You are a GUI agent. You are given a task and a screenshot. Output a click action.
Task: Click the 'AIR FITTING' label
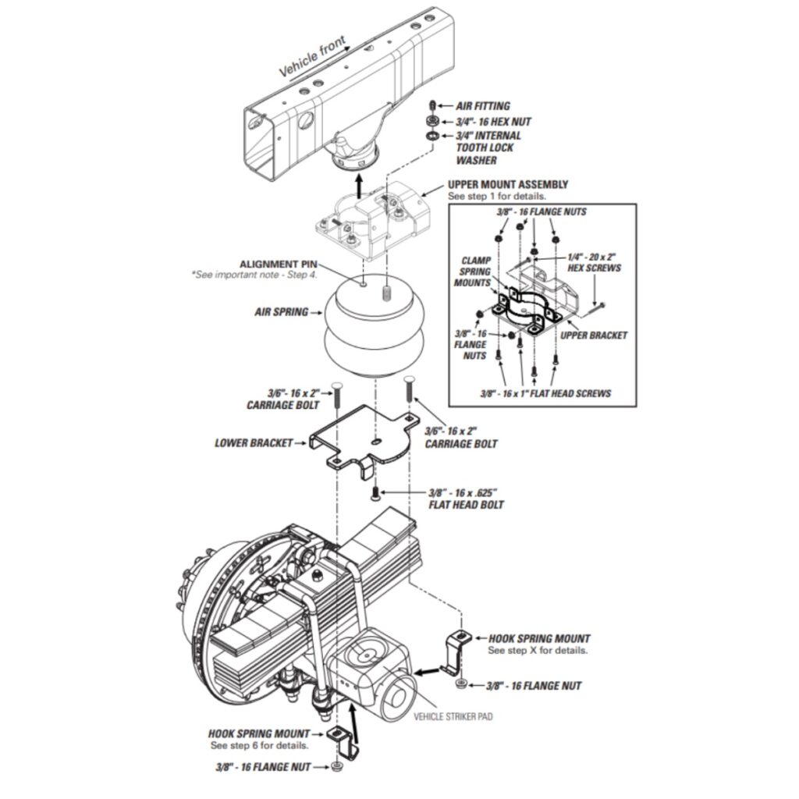pos(482,106)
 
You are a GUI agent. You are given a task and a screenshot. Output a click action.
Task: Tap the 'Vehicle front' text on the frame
pos(312,56)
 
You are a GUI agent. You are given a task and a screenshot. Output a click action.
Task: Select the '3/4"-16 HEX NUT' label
pos(493,122)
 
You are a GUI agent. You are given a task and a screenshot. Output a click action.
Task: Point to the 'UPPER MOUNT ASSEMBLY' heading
pos(508,184)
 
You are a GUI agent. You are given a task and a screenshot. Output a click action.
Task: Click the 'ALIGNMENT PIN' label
pos(279,264)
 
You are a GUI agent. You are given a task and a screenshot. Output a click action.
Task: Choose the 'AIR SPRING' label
pos(281,311)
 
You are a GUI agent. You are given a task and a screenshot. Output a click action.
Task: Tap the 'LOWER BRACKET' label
pos(254,443)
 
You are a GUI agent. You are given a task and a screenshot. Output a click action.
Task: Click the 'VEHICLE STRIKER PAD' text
pos(453,716)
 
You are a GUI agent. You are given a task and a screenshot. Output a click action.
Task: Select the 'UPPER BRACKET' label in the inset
pos(594,335)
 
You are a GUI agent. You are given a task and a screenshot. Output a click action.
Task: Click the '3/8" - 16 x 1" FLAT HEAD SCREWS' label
pos(545,393)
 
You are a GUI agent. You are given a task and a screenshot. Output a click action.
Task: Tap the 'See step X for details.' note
pos(538,650)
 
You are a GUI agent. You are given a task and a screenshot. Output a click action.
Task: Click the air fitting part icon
pos(432,105)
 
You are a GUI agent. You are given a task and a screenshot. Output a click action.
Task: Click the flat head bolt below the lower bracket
pos(375,493)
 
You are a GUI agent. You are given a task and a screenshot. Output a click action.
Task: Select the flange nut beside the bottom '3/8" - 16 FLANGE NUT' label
pos(336,767)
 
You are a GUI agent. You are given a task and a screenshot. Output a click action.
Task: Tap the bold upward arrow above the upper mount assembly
pos(359,186)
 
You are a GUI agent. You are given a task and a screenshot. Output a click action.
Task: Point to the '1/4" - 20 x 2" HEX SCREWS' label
pos(594,262)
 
